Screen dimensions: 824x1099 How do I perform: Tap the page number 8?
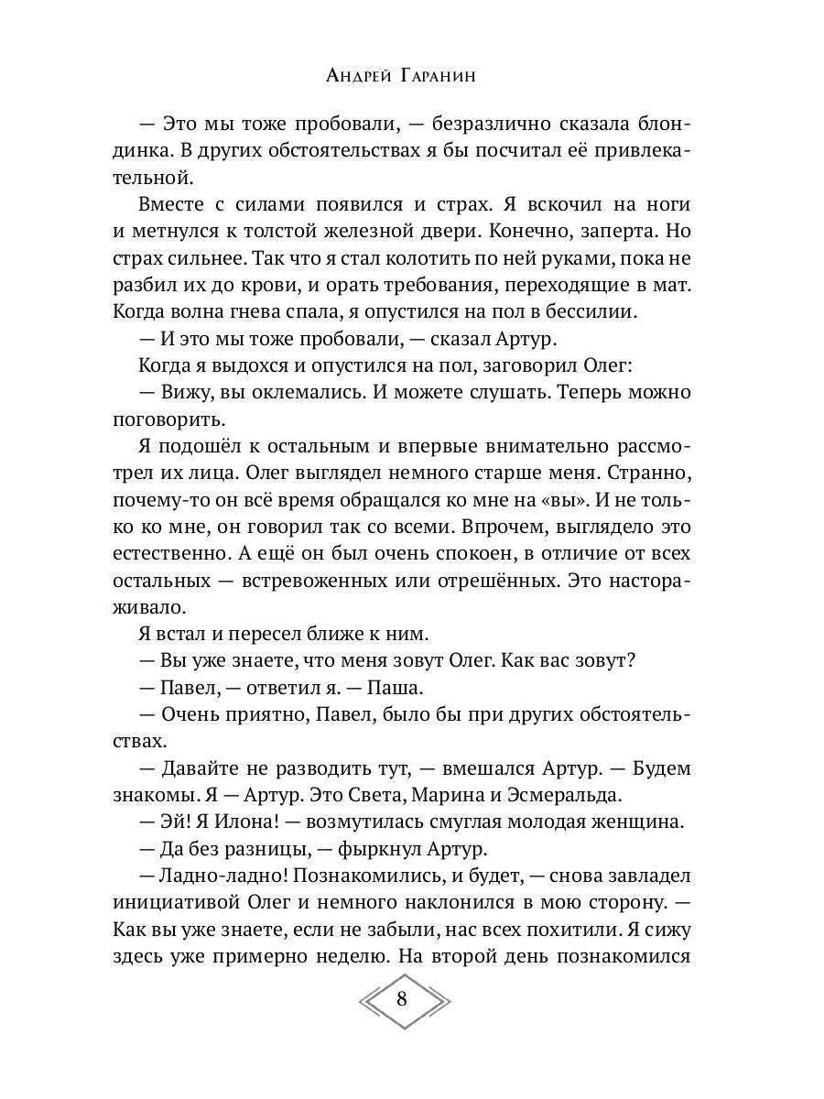(x=403, y=998)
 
